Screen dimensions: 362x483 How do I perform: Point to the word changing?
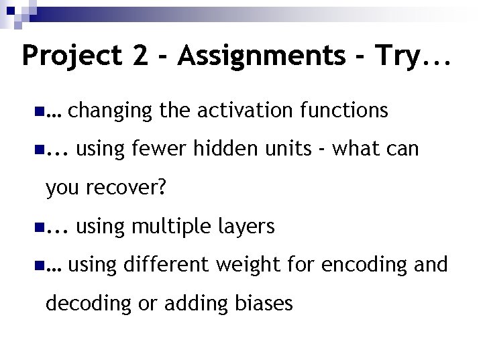pos(110,111)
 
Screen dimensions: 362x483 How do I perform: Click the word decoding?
pos(87,304)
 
